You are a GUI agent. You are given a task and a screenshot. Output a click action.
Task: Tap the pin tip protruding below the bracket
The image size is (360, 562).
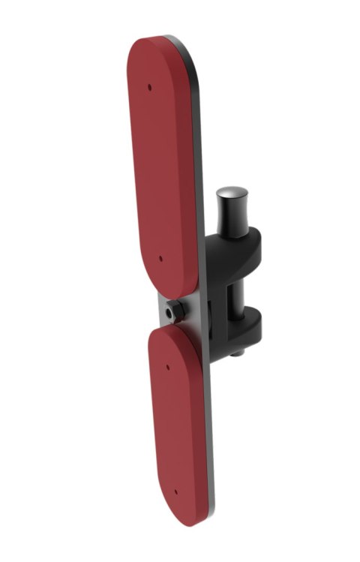point(237,351)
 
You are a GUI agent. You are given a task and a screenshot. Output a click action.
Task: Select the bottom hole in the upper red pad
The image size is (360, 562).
point(161,259)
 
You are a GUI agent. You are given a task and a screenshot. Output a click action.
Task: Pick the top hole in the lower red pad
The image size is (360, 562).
point(167,368)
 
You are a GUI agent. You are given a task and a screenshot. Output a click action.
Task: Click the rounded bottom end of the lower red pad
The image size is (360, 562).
point(184,518)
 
